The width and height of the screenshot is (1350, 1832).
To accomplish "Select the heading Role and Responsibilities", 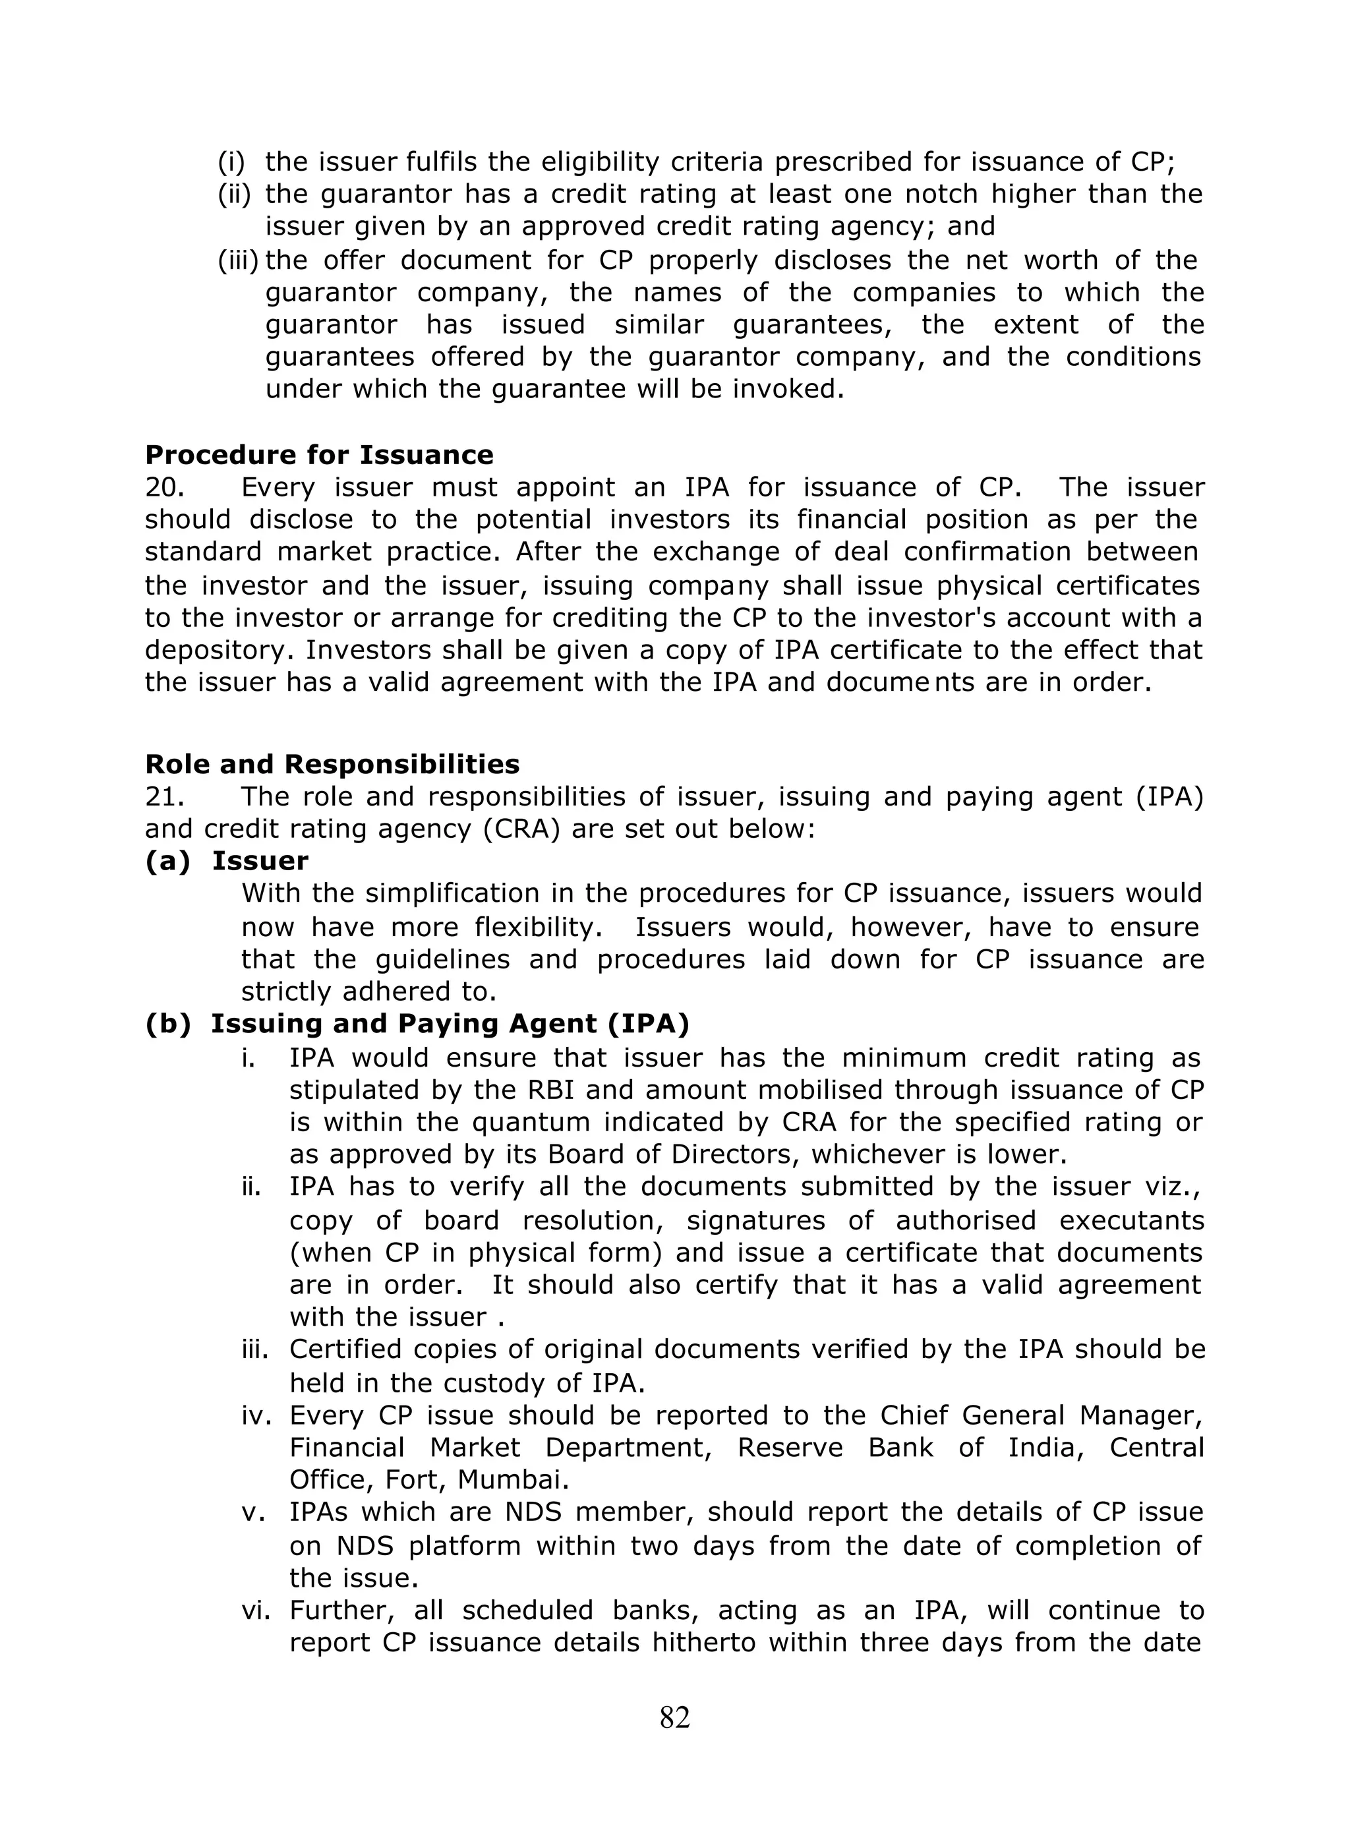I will pos(332,764).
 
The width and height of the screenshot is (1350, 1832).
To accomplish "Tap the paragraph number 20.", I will pos(164,488).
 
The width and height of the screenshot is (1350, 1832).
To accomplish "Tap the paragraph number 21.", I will pos(164,797).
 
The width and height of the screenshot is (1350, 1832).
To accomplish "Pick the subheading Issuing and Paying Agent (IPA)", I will pos(450,1024).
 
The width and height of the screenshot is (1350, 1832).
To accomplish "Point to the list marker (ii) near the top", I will pos(235,194).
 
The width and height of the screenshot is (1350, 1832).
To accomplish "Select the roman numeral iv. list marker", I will pos(256,1415).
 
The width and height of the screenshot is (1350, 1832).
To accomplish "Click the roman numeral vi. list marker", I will pos(256,1610).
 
